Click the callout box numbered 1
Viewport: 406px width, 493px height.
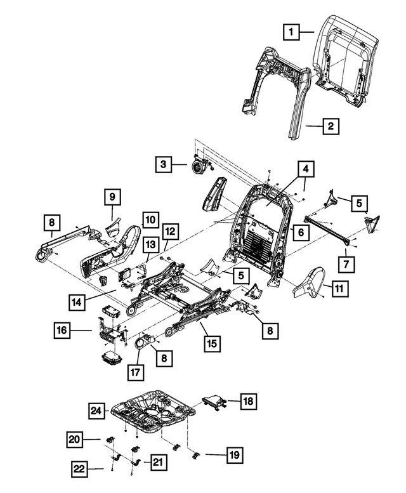[290, 30]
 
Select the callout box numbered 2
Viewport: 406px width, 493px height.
[330, 126]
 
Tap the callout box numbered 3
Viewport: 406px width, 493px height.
[164, 164]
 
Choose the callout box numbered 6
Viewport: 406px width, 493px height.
[301, 232]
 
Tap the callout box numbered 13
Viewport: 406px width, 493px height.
[150, 244]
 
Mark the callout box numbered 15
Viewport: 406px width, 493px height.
[211, 344]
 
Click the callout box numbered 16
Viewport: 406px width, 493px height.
[62, 330]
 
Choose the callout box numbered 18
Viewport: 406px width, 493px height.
[249, 401]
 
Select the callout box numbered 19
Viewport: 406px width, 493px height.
[233, 455]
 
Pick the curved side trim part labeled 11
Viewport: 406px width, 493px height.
[311, 286]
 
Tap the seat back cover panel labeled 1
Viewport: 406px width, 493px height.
[343, 60]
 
